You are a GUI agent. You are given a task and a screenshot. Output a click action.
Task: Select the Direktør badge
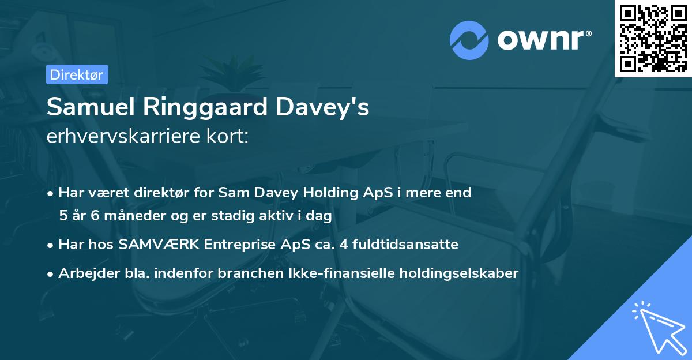click(x=77, y=74)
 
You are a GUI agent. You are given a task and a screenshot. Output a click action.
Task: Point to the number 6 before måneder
click(x=96, y=216)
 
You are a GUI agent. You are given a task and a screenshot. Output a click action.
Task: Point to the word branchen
click(x=243, y=273)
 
